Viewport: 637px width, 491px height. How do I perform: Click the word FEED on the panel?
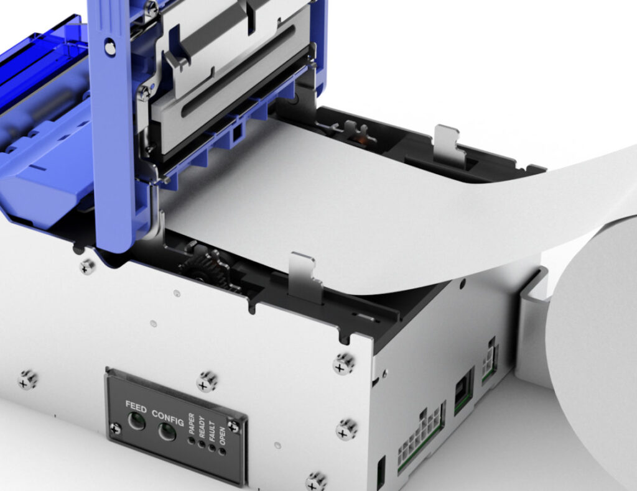(x=136, y=408)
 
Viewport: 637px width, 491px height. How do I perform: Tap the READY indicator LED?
(x=202, y=443)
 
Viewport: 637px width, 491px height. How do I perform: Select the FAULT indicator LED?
(x=212, y=447)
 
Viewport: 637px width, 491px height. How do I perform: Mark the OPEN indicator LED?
(x=221, y=451)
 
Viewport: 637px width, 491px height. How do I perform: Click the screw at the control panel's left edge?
(x=116, y=428)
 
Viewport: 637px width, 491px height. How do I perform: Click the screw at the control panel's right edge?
(x=233, y=426)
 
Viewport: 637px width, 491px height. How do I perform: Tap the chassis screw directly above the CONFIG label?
(x=207, y=381)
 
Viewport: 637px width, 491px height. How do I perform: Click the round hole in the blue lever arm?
(x=110, y=45)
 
